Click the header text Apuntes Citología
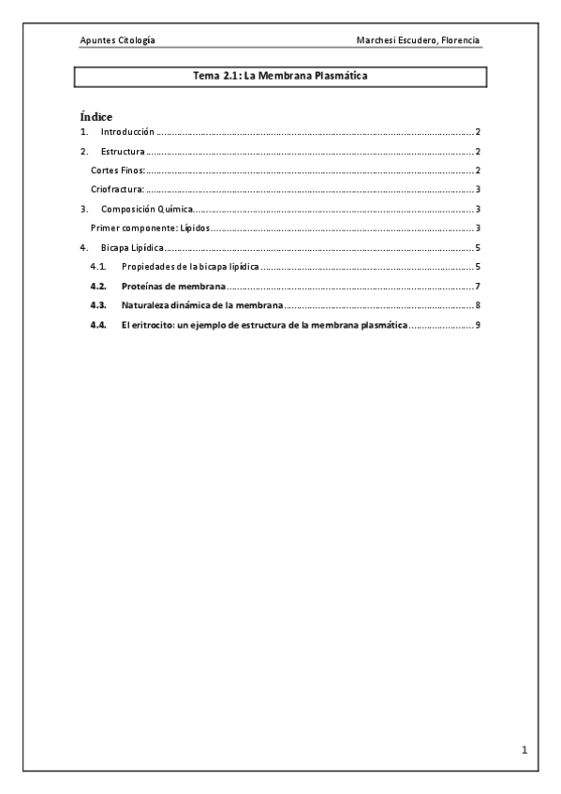[118, 41]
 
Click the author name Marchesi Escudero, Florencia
[418, 41]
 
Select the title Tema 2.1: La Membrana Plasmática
[280, 77]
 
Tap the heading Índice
[96, 116]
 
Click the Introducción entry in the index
[126, 133]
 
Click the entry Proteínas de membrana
[173, 287]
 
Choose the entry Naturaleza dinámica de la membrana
[202, 306]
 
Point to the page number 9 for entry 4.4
[478, 325]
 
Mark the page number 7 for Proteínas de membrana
[478, 287]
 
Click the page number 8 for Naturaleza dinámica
[478, 306]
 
